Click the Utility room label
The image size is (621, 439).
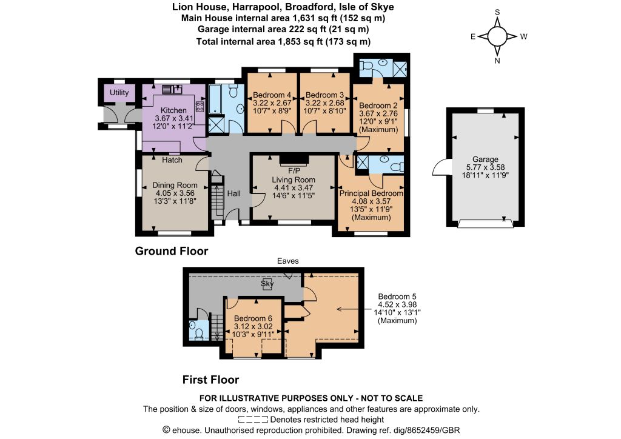[x=119, y=92]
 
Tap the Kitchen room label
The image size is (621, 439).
[x=173, y=110]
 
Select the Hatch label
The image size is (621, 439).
[x=172, y=160]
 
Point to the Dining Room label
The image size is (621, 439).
[x=175, y=185]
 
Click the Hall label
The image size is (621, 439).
[x=233, y=193]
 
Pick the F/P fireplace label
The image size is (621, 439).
[x=294, y=171]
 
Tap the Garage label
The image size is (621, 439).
[x=485, y=159]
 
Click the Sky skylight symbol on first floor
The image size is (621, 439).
[x=267, y=284]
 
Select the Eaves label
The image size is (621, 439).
[x=288, y=261]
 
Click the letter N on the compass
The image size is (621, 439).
[x=497, y=61]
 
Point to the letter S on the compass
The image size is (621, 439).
[x=497, y=12]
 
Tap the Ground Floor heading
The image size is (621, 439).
[x=172, y=251]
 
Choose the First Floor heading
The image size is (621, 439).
[x=210, y=380]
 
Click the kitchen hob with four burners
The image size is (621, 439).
[x=200, y=106]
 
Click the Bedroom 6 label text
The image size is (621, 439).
[x=253, y=318]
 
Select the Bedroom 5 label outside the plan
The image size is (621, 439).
[x=397, y=297]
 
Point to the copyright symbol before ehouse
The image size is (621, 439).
[x=166, y=430]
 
